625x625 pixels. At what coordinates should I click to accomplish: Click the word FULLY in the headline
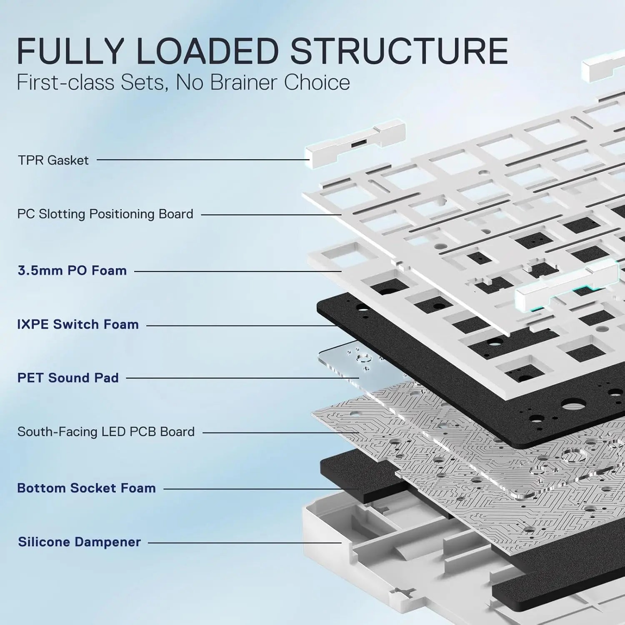tap(71, 51)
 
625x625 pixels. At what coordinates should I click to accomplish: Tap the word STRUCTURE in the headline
tap(399, 51)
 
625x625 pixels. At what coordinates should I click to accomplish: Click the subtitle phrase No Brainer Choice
tap(262, 82)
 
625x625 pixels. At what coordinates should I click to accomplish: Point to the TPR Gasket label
tap(53, 160)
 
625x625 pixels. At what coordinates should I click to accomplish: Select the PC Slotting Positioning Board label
tap(105, 214)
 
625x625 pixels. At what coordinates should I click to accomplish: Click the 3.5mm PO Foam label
tap(72, 270)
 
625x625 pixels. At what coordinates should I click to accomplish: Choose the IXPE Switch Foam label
tap(78, 324)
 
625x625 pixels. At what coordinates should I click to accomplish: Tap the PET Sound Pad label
tap(68, 378)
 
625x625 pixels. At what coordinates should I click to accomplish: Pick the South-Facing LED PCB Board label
tap(106, 432)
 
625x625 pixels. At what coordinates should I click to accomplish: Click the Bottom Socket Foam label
tap(86, 488)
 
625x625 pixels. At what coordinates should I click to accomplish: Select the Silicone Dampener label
tap(79, 542)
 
